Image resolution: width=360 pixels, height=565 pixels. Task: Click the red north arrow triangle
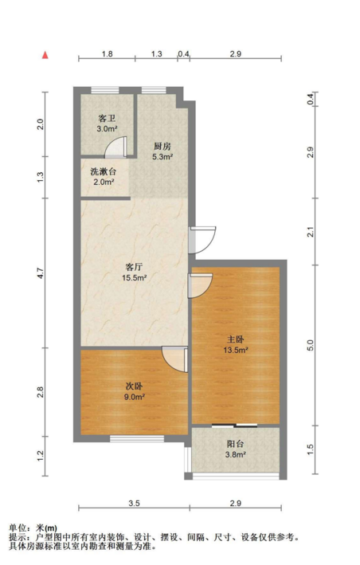pyautogui.click(x=45, y=55)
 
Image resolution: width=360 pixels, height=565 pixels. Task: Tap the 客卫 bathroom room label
pyautogui.click(x=107, y=118)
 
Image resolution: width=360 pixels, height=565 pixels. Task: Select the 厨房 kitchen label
pyautogui.click(x=162, y=147)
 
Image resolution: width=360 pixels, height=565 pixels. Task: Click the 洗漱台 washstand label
pyautogui.click(x=104, y=171)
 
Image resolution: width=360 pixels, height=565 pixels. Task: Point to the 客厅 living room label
pyautogui.click(x=134, y=267)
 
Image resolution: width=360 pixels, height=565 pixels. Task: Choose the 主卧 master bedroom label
pyautogui.click(x=236, y=339)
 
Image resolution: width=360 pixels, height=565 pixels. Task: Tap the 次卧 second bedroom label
pyautogui.click(x=134, y=386)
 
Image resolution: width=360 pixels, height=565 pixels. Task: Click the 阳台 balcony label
pyautogui.click(x=236, y=444)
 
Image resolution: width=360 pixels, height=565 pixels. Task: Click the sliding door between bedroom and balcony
pyautogui.click(x=235, y=426)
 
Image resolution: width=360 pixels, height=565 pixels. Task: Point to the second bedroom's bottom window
pyautogui.click(x=137, y=439)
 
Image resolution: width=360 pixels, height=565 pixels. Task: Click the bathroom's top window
pyautogui.click(x=105, y=90)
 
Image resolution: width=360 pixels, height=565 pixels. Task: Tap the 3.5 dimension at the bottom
pyautogui.click(x=134, y=504)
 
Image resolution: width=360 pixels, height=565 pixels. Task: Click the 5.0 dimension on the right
pyautogui.click(x=311, y=345)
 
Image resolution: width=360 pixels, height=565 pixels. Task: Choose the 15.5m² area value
pyautogui.click(x=134, y=278)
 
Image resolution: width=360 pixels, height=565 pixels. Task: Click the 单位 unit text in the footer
pyautogui.click(x=18, y=528)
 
